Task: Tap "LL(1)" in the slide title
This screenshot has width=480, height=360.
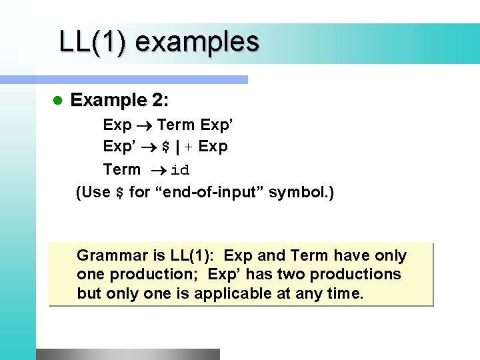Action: click(x=93, y=42)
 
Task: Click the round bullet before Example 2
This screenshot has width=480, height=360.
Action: click(x=57, y=101)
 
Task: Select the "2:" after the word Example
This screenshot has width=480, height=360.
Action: click(x=160, y=101)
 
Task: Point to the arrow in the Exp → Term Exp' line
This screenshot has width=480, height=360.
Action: click(x=144, y=125)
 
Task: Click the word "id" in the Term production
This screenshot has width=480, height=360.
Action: click(x=180, y=170)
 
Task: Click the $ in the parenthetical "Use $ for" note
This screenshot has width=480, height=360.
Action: click(x=120, y=193)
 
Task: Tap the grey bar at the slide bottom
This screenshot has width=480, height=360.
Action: click(x=127, y=354)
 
